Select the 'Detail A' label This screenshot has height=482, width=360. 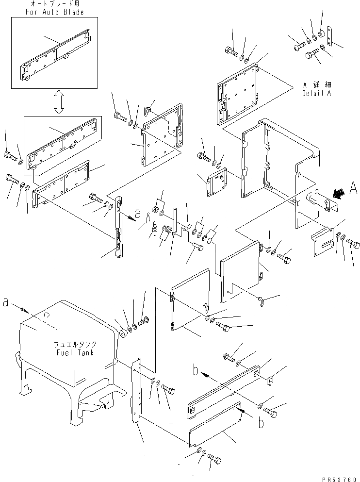click(x=316, y=93)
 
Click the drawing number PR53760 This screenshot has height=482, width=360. click(x=335, y=477)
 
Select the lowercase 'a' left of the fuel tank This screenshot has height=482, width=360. click(x=5, y=302)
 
